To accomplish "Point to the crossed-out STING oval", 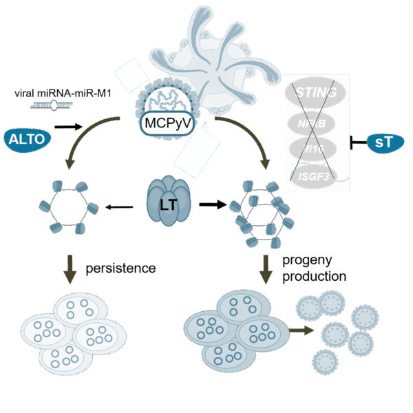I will (316, 92).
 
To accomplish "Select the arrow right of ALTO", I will (69, 127).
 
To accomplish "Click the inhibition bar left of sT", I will (359, 143).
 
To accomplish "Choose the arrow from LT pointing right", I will (213, 204).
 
